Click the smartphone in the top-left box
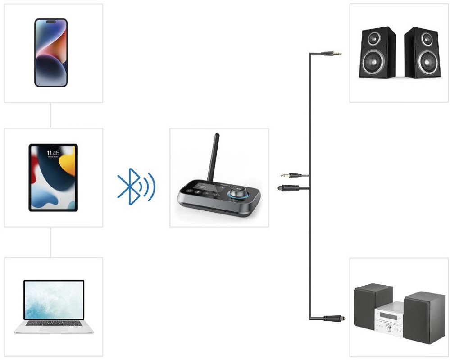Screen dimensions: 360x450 (51, 52)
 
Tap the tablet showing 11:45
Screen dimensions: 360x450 (53, 177)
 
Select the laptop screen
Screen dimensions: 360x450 (54, 300)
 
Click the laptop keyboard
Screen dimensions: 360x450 (54, 323)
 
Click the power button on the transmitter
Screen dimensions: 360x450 (190, 191)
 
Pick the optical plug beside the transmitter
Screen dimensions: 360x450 (286, 187)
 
